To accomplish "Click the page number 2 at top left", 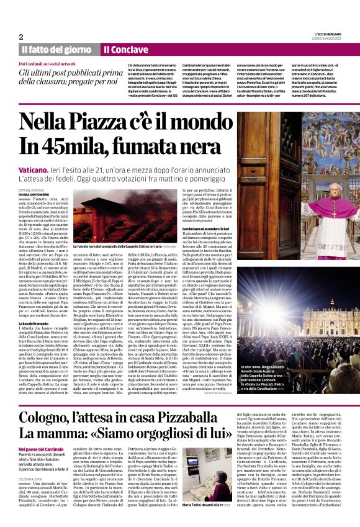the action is pyautogui.click(x=21, y=37).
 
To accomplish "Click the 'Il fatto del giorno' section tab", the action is pyautogui.click(x=56, y=49).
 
